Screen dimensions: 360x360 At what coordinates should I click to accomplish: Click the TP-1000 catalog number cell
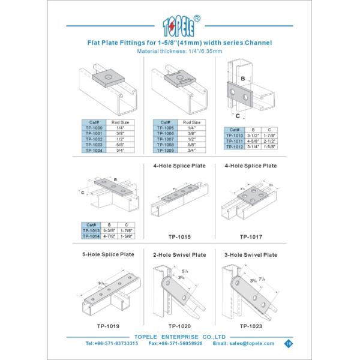pyautogui.click(x=96, y=127)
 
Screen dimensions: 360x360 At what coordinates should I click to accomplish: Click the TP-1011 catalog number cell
pyautogui.click(x=234, y=140)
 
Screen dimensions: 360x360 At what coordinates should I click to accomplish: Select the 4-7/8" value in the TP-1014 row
pyautogui.click(x=110, y=237)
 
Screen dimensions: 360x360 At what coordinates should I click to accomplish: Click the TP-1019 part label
pyautogui.click(x=108, y=327)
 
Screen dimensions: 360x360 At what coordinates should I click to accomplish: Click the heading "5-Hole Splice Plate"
pyautogui.click(x=108, y=254)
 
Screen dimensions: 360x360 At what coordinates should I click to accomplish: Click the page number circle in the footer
pyautogui.click(x=288, y=343)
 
